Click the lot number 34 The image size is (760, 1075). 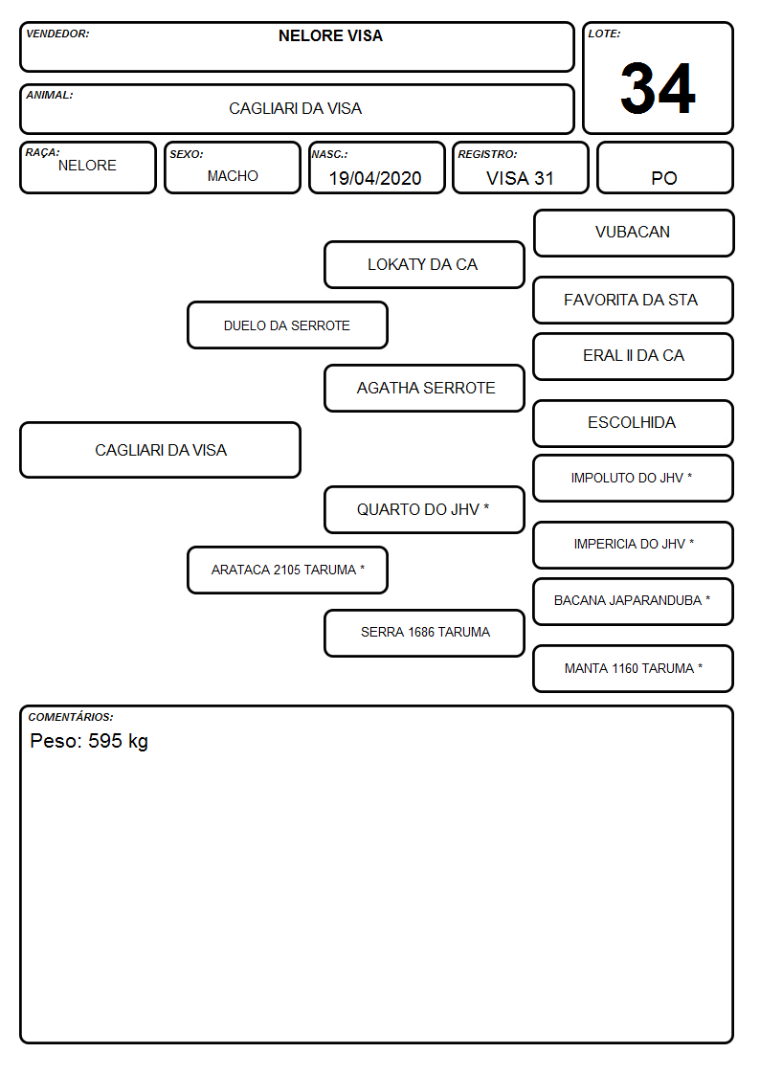[x=658, y=88]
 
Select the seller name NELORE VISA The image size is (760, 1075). [x=330, y=35]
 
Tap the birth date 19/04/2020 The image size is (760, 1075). [x=375, y=178]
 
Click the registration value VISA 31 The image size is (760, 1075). [x=520, y=178]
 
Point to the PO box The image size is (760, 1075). [x=664, y=168]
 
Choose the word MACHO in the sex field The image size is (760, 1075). [x=233, y=176]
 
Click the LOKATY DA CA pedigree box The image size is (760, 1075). [x=424, y=264]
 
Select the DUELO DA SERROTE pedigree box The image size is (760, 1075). [x=287, y=325]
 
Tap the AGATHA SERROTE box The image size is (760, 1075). [x=424, y=388]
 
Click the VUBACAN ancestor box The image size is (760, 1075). [x=634, y=234]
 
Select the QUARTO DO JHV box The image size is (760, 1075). [x=424, y=509]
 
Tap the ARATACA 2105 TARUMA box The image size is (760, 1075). [x=287, y=570]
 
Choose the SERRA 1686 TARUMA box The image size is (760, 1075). [x=424, y=633]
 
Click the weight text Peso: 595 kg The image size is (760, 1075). [x=89, y=741]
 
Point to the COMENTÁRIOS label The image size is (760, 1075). [x=71, y=717]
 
